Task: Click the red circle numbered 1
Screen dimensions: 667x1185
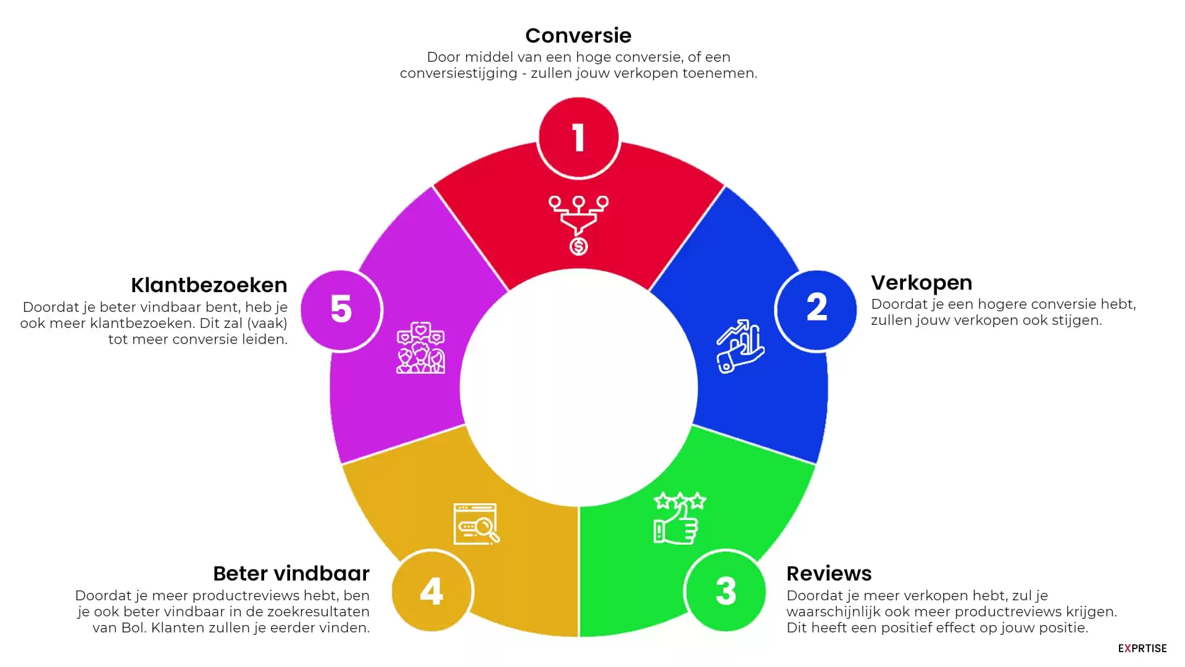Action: point(578,137)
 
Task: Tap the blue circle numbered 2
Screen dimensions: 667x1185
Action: point(817,309)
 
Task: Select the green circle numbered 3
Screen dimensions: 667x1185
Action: point(726,591)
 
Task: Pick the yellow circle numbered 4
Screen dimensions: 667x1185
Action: point(432,591)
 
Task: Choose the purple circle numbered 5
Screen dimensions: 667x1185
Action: point(341,309)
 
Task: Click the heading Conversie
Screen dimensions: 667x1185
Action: point(578,36)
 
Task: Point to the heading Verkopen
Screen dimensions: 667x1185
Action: point(921,283)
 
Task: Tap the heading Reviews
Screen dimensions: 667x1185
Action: point(829,574)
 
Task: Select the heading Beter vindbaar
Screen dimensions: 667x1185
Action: point(291,574)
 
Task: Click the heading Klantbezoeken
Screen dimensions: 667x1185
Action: point(209,285)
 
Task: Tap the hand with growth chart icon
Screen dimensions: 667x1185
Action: point(741,346)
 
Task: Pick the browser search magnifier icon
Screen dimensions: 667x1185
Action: point(476,524)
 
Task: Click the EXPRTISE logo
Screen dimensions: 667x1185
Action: point(1142,648)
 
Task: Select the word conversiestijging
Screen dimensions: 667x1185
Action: point(459,73)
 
